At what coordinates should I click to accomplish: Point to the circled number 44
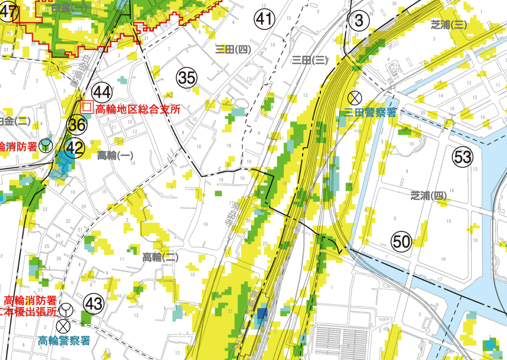[101, 92]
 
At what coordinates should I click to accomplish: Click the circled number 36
[77, 125]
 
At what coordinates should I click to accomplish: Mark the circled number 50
[401, 242]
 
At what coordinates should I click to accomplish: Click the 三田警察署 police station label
[370, 112]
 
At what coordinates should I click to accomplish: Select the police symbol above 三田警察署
[354, 97]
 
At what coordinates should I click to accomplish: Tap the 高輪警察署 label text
[64, 341]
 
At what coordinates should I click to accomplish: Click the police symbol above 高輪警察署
[64, 325]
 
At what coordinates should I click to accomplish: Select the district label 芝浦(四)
[429, 196]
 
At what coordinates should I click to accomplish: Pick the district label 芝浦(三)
[449, 24]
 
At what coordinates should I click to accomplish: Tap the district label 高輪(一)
[115, 155]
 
